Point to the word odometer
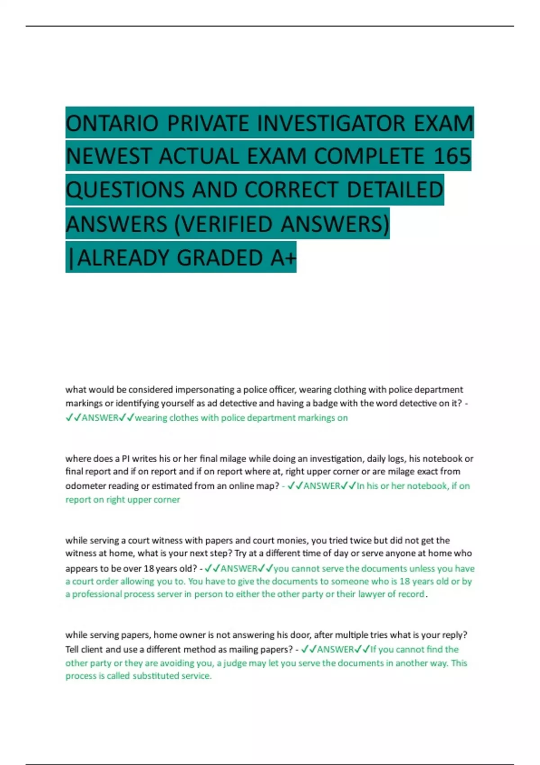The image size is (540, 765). click(84, 486)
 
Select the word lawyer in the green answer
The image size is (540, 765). click(371, 594)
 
